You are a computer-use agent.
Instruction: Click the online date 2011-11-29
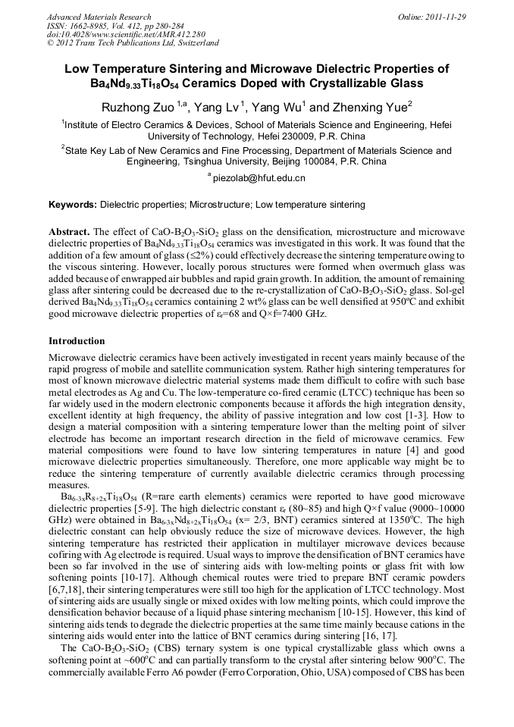click(443, 16)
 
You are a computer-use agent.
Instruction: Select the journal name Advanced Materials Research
click(99, 16)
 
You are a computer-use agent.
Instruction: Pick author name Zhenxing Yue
click(371, 106)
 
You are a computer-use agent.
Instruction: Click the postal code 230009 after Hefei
click(315, 137)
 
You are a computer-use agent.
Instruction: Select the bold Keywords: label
click(73, 205)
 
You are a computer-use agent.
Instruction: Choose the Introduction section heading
click(77, 341)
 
